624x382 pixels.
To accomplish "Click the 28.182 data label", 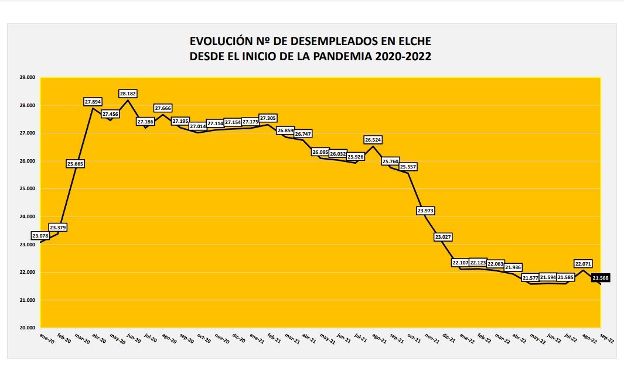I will coord(128,94).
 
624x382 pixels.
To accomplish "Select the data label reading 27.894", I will coord(93,102).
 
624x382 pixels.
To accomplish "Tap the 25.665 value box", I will coord(75,164).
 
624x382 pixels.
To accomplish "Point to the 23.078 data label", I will coord(40,236).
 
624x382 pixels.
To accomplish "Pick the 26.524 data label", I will coord(373,140).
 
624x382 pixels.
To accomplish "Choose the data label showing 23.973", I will coord(426,210).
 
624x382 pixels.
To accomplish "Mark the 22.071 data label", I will coord(584,263).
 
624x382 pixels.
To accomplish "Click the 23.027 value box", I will coord(444,237).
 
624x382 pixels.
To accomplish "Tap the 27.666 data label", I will coord(163,108).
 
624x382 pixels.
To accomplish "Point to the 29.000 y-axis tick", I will coord(27,77).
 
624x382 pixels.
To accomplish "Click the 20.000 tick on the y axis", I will coord(27,328).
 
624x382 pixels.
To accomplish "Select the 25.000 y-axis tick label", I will coord(27,188).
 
